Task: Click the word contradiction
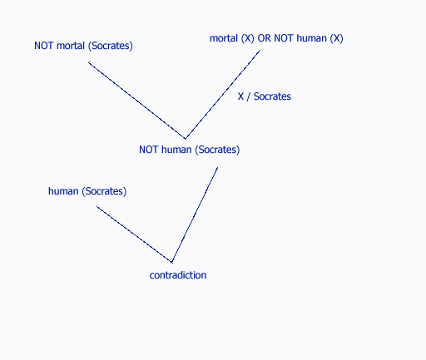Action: [x=178, y=275]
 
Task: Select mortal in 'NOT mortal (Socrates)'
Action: [x=71, y=46]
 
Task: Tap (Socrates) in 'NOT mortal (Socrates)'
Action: [x=111, y=46]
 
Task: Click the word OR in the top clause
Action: [x=264, y=38]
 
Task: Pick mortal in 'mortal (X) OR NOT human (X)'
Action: [x=224, y=38]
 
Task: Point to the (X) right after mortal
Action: [x=248, y=38]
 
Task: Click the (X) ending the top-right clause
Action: [x=336, y=38]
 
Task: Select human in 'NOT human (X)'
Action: [x=311, y=38]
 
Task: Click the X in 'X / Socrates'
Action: [x=240, y=96]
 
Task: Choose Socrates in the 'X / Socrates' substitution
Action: [x=272, y=96]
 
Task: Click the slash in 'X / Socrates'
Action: [x=249, y=96]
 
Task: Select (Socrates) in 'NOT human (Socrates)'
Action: [x=217, y=150]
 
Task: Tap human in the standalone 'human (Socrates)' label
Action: [x=63, y=191]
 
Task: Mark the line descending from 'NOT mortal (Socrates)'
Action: [x=137, y=101]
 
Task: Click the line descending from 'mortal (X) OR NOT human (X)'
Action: [x=223, y=94]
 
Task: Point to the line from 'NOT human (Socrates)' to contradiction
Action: [x=195, y=215]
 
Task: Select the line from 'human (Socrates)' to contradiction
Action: [x=134, y=234]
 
